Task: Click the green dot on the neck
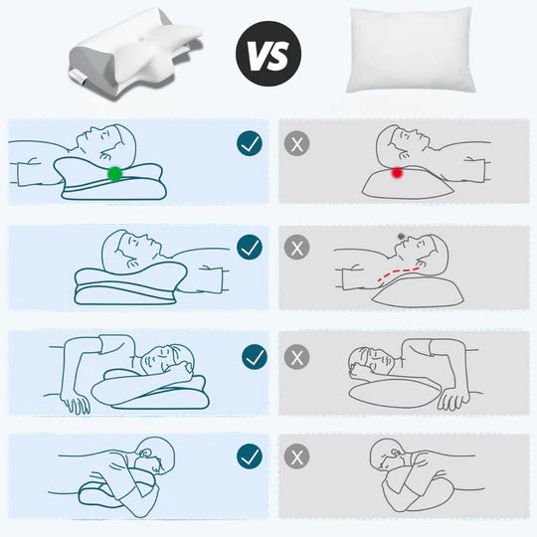pyautogui.click(x=115, y=174)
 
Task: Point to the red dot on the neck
pyautogui.click(x=397, y=173)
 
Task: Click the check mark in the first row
pyautogui.click(x=250, y=144)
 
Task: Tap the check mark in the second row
pyautogui.click(x=250, y=247)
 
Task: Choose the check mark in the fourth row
pyautogui.click(x=250, y=456)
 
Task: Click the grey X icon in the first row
pyautogui.click(x=295, y=144)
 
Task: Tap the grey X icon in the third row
pyautogui.click(x=295, y=356)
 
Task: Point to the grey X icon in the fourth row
pyautogui.click(x=295, y=456)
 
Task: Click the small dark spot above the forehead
pyautogui.click(x=400, y=236)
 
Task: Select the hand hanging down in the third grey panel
pyautogui.click(x=453, y=400)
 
